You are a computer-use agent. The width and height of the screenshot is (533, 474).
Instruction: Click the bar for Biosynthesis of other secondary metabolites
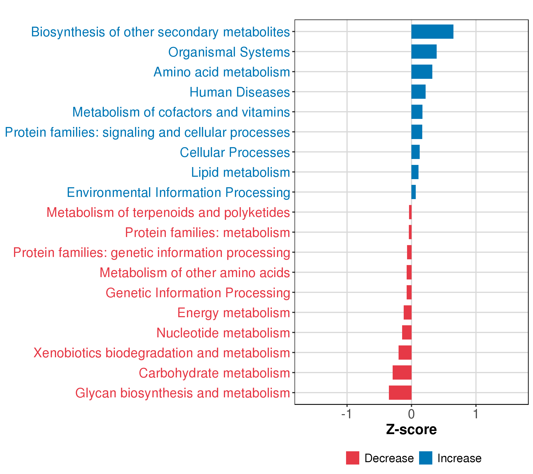[432, 32]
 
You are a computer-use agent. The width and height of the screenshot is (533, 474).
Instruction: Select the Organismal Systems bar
[424, 52]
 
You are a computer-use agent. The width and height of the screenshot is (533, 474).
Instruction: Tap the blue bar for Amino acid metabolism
[422, 72]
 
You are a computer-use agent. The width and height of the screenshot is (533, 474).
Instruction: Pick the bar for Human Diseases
[418, 92]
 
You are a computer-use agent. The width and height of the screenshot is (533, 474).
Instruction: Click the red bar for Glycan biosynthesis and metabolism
[400, 393]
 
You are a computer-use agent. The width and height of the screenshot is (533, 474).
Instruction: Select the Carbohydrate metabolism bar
[402, 372]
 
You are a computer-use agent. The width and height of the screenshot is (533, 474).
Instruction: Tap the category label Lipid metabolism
[240, 172]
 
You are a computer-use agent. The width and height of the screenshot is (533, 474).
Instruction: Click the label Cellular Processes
[235, 152]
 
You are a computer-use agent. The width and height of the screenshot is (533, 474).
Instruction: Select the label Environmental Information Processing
[178, 193]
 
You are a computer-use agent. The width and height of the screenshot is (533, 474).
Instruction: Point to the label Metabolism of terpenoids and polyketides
[168, 213]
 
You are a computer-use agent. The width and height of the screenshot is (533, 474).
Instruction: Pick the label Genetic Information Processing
[198, 293]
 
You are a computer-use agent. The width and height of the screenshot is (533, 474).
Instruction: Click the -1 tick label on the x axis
[347, 414]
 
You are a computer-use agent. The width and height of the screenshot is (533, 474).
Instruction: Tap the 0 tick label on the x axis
[411, 414]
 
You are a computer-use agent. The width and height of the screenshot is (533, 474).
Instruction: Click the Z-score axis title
[411, 430]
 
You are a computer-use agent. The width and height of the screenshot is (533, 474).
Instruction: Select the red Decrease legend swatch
[353, 458]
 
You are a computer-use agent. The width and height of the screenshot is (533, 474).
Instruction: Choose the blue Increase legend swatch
[426, 458]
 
